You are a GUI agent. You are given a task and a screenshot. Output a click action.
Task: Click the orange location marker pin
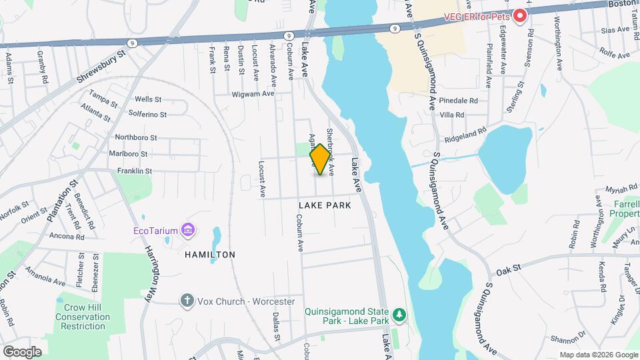tap(320, 159)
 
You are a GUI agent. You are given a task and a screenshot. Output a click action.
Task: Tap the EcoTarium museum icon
tap(188, 231)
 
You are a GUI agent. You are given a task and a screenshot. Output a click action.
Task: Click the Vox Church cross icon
tap(187, 301)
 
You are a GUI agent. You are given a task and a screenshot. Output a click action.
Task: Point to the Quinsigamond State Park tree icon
tap(399, 313)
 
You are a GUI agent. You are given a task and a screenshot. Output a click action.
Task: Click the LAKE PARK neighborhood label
tap(325, 206)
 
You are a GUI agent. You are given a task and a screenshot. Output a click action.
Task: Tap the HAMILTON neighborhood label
tap(211, 255)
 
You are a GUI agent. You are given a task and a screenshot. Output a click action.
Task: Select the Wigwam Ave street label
tap(254, 94)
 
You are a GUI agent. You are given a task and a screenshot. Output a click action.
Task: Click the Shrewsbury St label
tap(101, 67)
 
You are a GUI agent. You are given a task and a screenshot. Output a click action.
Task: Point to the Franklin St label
tap(135, 171)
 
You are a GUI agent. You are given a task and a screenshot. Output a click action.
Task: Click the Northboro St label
tap(135, 138)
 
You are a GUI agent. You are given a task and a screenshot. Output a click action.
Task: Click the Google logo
tap(22, 351)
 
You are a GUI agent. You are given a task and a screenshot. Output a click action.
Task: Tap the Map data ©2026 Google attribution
tap(598, 355)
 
